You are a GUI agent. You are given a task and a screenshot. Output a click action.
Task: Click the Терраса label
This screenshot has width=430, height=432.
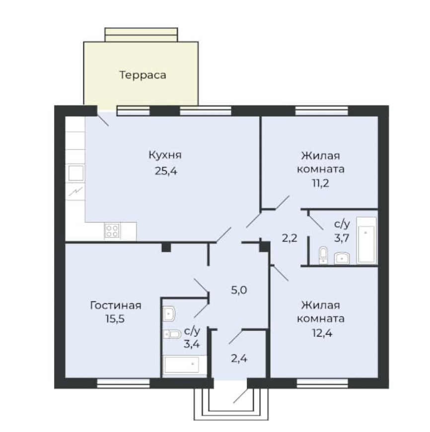143,75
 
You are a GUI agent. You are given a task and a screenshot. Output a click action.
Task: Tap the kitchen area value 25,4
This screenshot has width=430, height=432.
166,171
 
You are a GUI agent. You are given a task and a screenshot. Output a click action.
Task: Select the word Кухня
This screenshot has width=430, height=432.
165,155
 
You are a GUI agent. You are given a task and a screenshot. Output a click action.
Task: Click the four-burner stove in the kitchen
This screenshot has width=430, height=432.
112,231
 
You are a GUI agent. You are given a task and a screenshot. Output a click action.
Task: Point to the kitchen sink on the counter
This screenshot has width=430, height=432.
76,173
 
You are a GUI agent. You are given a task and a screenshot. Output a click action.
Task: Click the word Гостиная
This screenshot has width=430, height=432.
116,305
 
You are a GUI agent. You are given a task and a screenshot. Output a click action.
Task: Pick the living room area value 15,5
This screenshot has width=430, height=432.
115,319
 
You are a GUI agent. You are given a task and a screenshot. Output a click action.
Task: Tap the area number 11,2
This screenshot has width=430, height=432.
320,183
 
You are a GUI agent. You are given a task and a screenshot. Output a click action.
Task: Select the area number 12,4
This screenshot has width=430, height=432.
322,333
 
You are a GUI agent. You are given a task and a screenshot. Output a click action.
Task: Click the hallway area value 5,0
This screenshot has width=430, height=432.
239,290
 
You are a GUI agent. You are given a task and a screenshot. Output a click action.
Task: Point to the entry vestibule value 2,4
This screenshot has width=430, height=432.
239,359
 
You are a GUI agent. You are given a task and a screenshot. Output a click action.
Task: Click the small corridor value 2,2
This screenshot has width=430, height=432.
289,238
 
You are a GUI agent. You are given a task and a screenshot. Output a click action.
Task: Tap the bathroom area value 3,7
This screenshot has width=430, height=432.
342,238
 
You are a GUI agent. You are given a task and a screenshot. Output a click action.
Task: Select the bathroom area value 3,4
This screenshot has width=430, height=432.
192,344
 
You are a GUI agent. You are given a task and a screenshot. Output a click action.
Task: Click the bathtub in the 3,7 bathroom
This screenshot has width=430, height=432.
366,240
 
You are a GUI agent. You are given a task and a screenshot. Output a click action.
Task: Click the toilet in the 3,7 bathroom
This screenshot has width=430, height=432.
323,255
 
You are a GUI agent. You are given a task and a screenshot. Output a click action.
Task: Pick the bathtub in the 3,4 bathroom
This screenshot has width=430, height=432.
184,365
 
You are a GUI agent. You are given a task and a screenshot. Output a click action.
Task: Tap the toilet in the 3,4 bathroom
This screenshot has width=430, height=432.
172,334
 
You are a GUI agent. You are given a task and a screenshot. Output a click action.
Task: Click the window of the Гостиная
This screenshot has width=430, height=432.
124,383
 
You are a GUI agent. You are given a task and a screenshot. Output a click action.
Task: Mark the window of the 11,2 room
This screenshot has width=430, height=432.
322,111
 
